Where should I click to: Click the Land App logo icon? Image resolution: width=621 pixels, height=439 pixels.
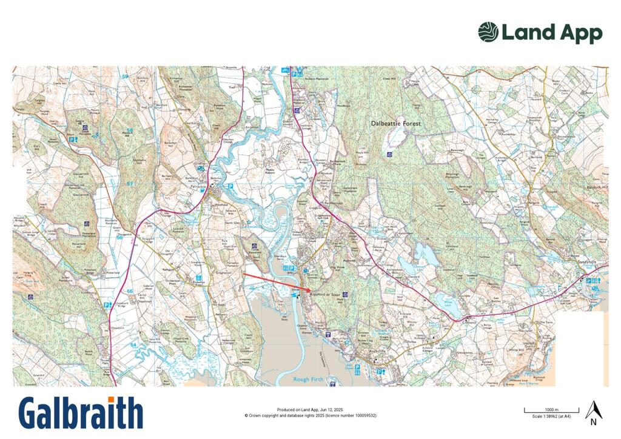pos(488,32)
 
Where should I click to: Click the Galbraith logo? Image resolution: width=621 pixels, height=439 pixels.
pos(81,414)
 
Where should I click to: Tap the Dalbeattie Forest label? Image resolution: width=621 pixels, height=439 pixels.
pos(395,123)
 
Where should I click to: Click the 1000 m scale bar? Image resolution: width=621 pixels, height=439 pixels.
pos(551,412)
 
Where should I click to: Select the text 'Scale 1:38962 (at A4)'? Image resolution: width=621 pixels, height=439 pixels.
pos(551,417)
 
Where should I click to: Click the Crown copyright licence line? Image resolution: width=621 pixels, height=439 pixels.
pos(310,415)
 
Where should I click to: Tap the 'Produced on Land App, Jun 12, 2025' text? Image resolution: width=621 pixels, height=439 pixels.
pos(310,410)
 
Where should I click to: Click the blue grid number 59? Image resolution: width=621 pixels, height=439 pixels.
pos(126,76)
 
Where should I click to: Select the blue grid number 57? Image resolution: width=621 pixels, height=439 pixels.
pos(129,183)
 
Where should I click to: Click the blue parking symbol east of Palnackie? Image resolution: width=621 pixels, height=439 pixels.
pos(231,187)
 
